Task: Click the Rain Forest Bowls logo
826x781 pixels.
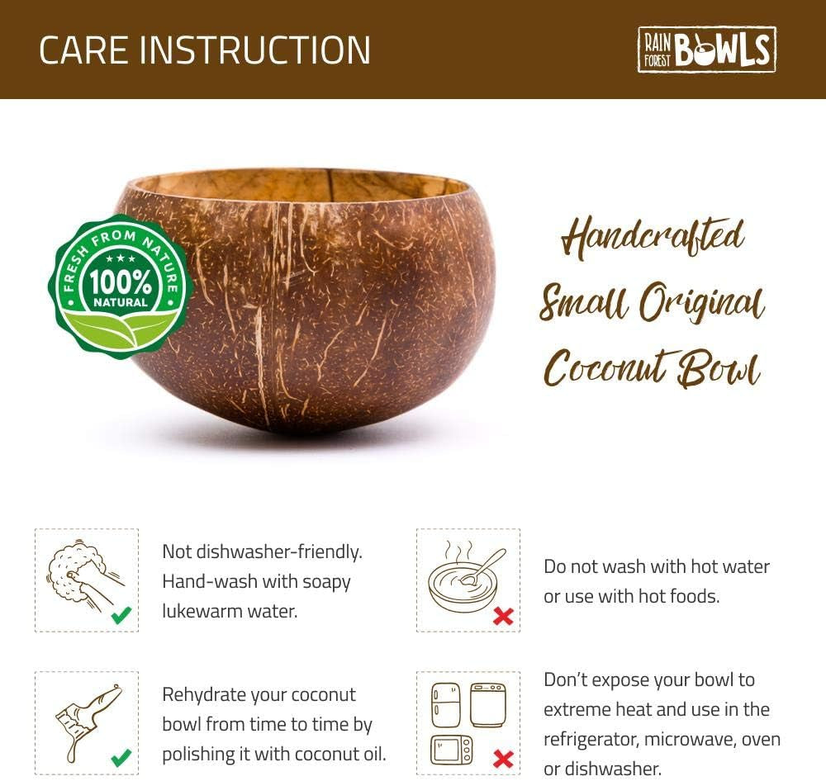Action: click(x=706, y=50)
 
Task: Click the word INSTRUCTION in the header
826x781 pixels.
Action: click(x=255, y=50)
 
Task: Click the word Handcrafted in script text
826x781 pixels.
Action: click(x=653, y=238)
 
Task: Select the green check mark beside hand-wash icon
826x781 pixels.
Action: click(x=121, y=614)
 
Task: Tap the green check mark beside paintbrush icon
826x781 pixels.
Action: click(x=121, y=757)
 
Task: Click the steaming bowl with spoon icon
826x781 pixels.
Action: click(x=463, y=575)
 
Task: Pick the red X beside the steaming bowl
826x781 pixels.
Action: click(x=502, y=616)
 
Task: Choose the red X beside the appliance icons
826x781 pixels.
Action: click(x=502, y=758)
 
